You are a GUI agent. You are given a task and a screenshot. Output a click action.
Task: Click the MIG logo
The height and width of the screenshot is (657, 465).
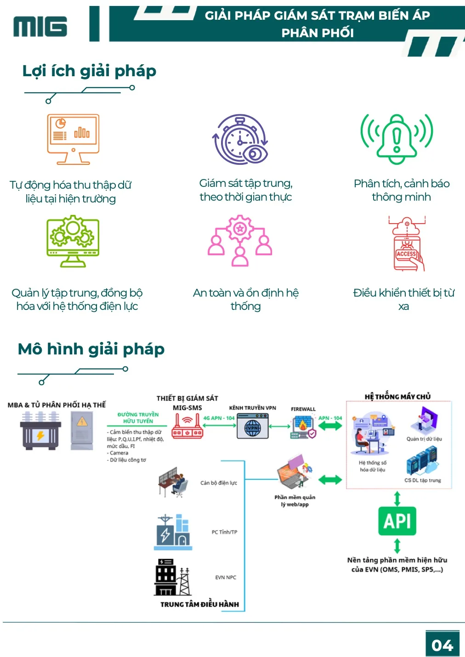tap(40, 26)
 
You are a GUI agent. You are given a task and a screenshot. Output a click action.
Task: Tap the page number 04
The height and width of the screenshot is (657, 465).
tap(442, 646)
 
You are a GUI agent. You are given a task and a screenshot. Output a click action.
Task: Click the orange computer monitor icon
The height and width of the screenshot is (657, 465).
tap(73, 139)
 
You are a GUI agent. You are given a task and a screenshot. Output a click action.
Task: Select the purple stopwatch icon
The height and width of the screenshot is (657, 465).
tap(240, 139)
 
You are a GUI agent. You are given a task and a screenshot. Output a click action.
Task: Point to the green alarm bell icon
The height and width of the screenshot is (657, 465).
tap(397, 139)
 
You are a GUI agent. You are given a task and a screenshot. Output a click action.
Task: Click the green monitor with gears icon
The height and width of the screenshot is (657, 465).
tap(73, 241)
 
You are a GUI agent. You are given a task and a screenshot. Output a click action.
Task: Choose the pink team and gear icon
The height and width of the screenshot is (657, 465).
tap(240, 241)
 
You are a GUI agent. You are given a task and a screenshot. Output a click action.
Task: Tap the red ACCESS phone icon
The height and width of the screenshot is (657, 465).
tap(407, 243)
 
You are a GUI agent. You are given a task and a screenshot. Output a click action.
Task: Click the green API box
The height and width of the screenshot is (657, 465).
tap(397, 521)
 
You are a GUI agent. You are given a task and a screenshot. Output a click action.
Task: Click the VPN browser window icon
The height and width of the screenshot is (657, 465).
tap(253, 426)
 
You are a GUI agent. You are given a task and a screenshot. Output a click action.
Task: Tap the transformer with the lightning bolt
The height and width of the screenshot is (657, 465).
tap(40, 431)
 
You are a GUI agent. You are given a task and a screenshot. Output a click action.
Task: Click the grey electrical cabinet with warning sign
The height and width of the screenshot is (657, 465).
tap(82, 431)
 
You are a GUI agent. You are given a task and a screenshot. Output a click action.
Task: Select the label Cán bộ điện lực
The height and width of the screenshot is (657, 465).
tap(219, 483)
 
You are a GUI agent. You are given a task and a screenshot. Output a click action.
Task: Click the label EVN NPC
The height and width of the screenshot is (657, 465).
tap(226, 577)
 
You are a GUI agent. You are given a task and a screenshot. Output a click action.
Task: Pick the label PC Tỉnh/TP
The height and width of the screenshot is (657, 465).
tap(225, 532)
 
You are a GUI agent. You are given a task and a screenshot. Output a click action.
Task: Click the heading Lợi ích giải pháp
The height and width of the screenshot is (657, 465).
tap(89, 71)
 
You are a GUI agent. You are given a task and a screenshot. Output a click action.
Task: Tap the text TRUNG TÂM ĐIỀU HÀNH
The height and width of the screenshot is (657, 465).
tap(199, 604)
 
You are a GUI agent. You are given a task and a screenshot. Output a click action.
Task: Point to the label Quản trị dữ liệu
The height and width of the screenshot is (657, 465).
tap(424, 439)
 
